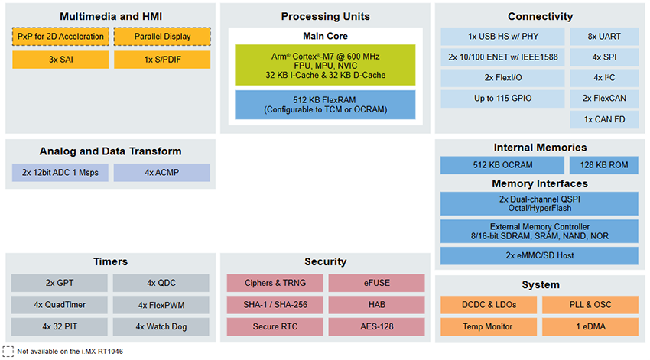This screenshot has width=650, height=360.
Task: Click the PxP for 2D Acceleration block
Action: pos(60,37)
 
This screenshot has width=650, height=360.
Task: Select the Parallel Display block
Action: pos(161,37)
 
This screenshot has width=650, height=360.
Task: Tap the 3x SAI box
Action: pos(60,60)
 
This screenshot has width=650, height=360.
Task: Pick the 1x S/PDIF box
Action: pos(161,60)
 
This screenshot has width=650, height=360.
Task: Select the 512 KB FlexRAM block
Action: pos(325,105)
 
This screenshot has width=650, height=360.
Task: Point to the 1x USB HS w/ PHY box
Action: pos(502,37)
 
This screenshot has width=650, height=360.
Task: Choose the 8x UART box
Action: pos(604,37)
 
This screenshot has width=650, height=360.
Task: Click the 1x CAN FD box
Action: pos(604,119)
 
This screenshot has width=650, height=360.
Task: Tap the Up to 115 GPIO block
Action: pos(502,99)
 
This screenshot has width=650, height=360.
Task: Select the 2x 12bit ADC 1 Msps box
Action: pos(60,173)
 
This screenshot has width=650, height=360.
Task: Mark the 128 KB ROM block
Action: pos(604,165)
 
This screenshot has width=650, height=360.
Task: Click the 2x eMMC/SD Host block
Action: pos(539,255)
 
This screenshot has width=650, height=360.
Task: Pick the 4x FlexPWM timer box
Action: pos(161,305)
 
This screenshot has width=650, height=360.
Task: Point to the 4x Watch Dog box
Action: pos(161,327)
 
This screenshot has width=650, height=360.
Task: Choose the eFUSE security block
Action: pos(376,283)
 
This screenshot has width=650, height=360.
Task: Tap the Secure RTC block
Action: pos(275,327)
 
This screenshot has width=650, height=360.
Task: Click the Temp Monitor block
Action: pos(488,327)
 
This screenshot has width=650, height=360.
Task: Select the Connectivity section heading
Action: pos(540,17)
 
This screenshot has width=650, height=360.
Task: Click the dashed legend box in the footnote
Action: pos(8,351)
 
